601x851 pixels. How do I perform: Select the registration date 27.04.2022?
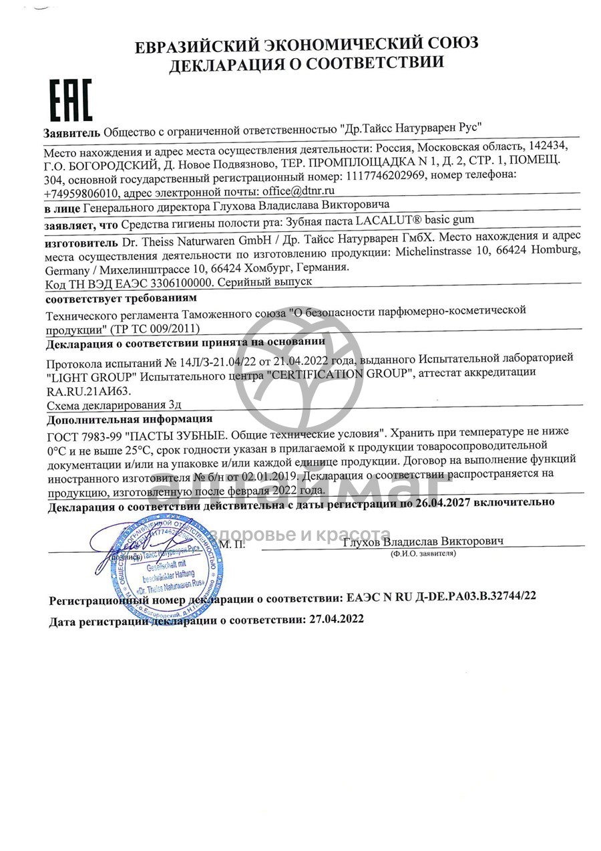pyautogui.click(x=337, y=619)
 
